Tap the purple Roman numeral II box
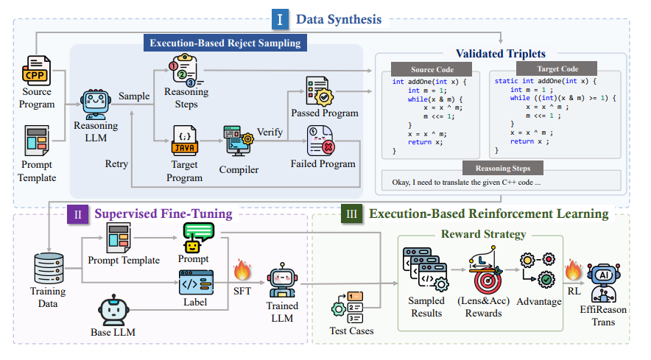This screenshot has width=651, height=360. [77, 214]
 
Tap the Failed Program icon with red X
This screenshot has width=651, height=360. [321, 140]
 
